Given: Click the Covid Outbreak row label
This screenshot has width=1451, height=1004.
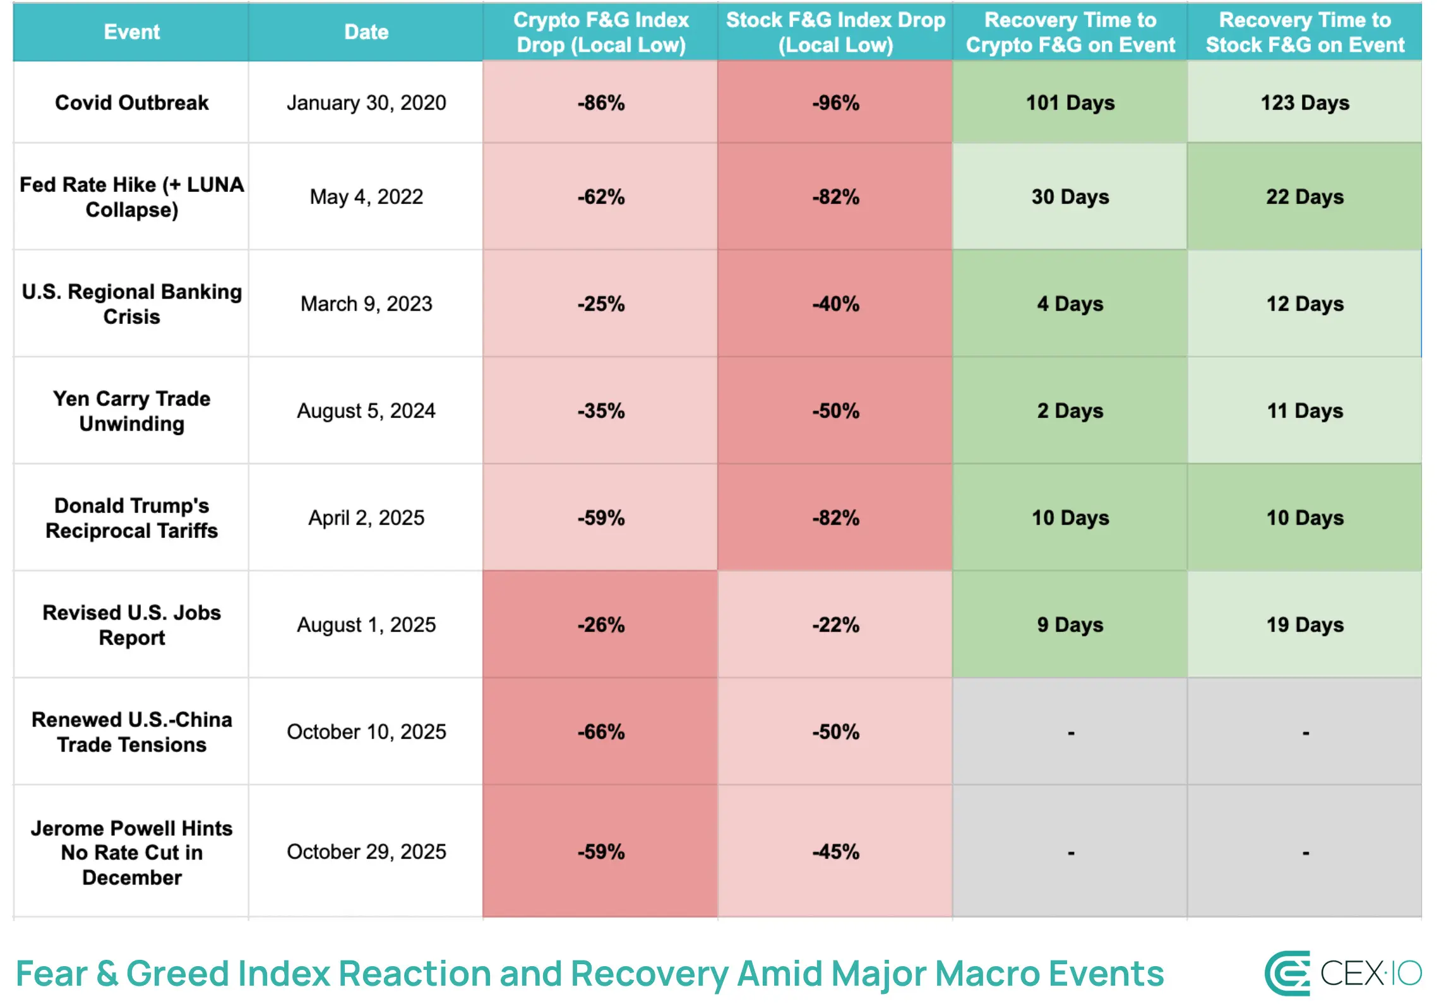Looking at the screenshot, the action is [131, 102].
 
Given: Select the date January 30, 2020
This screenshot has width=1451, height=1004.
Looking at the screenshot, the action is [366, 102].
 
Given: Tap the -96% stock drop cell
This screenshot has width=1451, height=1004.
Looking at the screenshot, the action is [835, 102].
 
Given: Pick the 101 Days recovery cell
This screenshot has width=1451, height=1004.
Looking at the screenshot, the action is [1070, 102].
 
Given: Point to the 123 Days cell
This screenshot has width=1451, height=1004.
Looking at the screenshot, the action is [1305, 102].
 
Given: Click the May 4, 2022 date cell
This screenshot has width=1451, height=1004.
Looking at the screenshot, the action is [366, 196].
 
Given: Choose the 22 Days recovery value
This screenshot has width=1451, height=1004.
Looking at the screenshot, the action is [1305, 196].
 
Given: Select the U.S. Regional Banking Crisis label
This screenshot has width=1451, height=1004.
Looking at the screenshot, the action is [131, 304].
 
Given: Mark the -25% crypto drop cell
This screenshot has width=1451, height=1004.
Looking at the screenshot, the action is [600, 304].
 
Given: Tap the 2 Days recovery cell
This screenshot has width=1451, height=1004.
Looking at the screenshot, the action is [1070, 410].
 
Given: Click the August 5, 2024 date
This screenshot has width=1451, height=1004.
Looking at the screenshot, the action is [366, 410].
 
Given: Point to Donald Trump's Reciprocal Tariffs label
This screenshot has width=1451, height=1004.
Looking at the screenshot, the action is [131, 518].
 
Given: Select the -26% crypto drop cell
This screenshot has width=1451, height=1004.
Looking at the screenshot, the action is [600, 625].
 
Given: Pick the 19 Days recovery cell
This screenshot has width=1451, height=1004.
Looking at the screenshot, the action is [1305, 625].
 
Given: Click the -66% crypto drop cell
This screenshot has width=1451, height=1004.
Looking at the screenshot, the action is [600, 732].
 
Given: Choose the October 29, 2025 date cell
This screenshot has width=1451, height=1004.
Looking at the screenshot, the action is [366, 851].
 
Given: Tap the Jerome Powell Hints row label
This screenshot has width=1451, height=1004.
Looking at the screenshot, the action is [131, 852].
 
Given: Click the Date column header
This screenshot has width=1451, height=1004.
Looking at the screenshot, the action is [366, 32].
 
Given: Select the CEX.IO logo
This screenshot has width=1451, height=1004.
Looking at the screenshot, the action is [1343, 973].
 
